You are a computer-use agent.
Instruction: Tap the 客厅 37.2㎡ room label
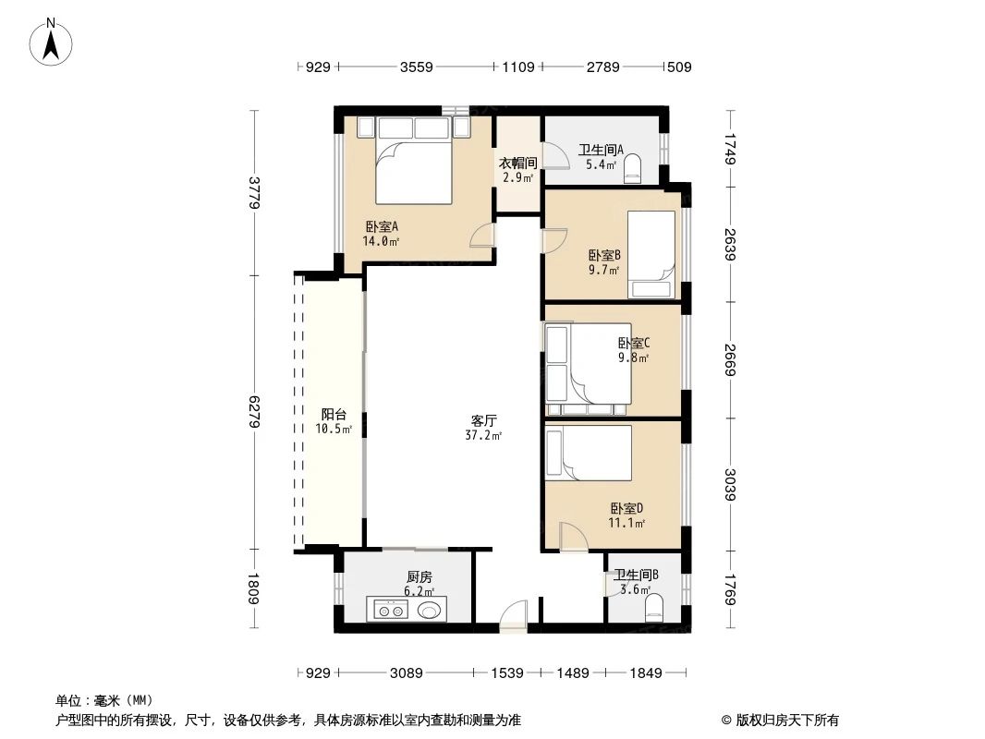(483, 427)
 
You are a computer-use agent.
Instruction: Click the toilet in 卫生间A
(634, 170)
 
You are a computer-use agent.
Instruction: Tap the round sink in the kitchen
(430, 610)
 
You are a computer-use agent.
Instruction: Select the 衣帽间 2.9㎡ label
(518, 169)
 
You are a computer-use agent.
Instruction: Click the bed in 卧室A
(414, 166)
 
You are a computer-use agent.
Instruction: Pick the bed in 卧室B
(651, 254)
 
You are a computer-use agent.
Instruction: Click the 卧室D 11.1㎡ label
(626, 515)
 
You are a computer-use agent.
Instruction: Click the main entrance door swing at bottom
(512, 615)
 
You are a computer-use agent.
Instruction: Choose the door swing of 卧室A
(483, 236)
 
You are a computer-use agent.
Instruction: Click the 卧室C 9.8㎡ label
(634, 349)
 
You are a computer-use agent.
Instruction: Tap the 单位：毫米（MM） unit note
(103, 700)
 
